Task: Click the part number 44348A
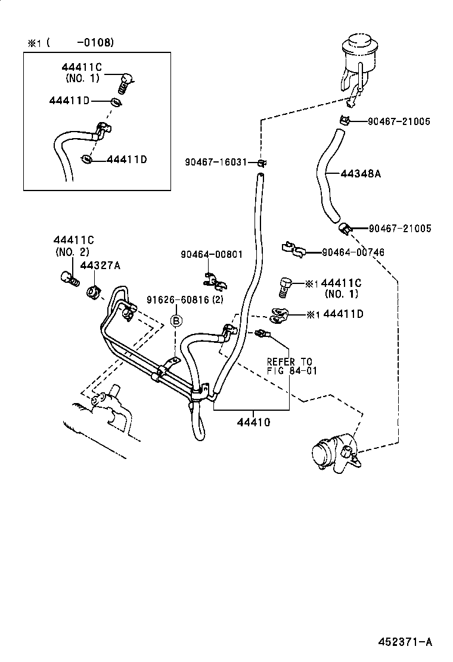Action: click(361, 174)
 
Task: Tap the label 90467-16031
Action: click(215, 162)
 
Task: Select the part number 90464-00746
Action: click(353, 252)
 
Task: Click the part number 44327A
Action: click(100, 266)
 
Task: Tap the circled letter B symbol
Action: click(176, 321)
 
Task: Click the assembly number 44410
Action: click(253, 423)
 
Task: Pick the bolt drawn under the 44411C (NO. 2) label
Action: click(69, 277)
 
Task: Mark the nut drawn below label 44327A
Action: click(93, 292)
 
